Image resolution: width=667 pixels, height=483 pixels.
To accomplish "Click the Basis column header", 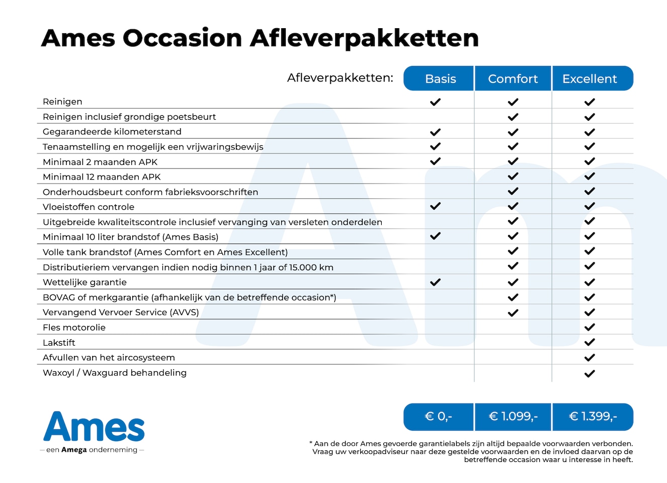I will click(439, 78).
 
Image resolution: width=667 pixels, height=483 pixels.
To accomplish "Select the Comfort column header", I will click(513, 78).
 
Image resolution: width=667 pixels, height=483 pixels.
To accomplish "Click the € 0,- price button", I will click(439, 417).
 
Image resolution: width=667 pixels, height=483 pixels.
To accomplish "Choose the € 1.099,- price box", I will click(513, 417).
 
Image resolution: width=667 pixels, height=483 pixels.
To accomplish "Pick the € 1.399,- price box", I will click(593, 417).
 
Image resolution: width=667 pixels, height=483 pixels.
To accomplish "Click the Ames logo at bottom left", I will click(94, 427).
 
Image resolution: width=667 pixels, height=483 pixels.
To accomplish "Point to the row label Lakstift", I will click(59, 343).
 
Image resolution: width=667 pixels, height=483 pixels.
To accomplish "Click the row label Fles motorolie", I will click(74, 328).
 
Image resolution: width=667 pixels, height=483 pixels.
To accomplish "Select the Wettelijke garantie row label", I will click(85, 282).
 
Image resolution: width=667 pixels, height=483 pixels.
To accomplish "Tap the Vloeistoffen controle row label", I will click(89, 207).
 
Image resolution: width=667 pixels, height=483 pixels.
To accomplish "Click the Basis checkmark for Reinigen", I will click(436, 102).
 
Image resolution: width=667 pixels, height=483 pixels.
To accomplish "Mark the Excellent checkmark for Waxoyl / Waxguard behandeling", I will click(590, 373).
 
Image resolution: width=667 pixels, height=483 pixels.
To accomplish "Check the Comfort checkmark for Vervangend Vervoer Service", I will click(513, 312).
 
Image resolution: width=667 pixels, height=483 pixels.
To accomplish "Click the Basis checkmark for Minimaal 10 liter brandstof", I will click(436, 236).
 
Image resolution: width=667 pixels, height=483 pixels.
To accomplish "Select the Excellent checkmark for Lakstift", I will click(590, 342).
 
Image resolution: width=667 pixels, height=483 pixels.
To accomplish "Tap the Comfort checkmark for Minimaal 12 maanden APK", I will click(513, 176).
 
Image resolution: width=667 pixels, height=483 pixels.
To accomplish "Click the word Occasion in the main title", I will click(182, 38).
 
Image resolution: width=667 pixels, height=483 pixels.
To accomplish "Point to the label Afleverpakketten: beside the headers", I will click(340, 78).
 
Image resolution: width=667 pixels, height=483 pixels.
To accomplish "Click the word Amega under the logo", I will click(74, 450).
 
